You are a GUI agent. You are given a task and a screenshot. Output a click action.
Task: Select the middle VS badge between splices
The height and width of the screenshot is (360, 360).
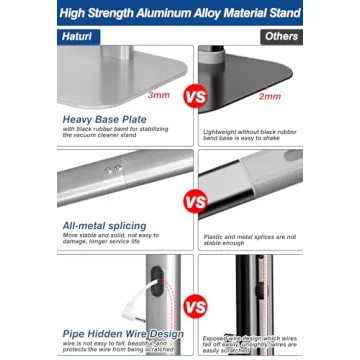pos(197,202)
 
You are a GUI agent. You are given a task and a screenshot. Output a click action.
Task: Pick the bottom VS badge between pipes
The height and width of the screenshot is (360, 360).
pos(197,306)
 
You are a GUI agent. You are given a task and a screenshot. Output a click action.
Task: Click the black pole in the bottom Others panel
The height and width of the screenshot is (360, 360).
pos(242,300)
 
